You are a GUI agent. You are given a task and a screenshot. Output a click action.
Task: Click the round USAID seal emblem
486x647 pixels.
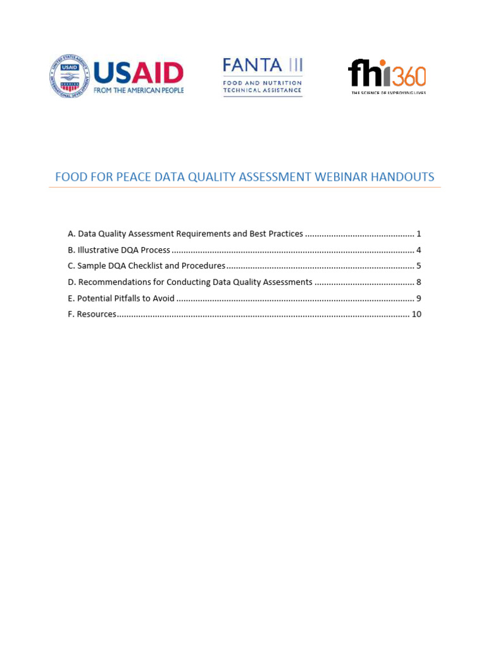69,76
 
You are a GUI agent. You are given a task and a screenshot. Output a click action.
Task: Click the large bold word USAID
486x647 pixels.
139,72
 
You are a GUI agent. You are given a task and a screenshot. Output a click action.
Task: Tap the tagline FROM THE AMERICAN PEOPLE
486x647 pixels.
139,90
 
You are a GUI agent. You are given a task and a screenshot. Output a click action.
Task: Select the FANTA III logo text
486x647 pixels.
262,65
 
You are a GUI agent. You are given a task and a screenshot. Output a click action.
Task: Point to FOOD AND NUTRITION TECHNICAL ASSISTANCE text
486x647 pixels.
262,87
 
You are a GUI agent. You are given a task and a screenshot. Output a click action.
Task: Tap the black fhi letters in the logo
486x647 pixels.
369,73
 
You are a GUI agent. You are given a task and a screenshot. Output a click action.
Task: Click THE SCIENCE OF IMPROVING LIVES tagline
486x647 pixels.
389,93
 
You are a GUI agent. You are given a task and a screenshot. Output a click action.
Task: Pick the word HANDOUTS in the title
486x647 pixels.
404,177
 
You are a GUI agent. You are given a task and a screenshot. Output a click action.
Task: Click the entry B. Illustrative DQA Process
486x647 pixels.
119,250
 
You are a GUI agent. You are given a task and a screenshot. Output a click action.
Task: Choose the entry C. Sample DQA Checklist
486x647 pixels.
146,266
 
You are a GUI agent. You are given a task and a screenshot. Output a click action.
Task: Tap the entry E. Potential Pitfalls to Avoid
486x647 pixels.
121,298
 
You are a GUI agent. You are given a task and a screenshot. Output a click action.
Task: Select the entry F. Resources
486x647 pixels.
92,314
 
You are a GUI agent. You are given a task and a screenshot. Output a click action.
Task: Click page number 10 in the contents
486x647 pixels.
416,314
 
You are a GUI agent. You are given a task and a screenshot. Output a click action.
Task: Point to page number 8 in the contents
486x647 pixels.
419,282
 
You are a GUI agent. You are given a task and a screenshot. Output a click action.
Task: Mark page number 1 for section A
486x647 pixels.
419,234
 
